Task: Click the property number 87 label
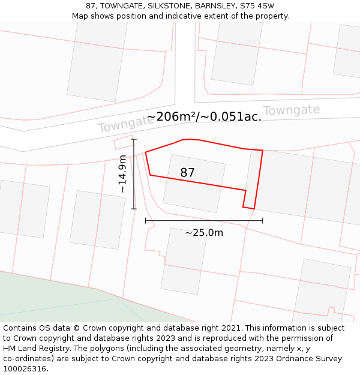click(x=187, y=173)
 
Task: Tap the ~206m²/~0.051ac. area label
click(x=204, y=116)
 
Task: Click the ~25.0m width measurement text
click(x=204, y=233)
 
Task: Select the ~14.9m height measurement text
click(x=122, y=173)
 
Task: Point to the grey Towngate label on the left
click(x=125, y=125)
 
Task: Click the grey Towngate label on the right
click(x=291, y=111)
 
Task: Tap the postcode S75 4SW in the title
click(x=257, y=6)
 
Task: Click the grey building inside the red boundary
click(x=194, y=183)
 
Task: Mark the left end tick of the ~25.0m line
click(x=146, y=221)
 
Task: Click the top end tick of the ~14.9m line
click(x=134, y=140)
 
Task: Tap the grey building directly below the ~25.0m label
click(x=184, y=261)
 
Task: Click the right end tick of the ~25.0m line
click(x=262, y=221)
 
